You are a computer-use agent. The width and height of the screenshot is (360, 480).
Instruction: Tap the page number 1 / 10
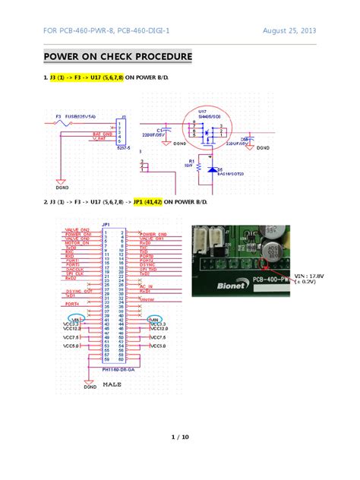tap(179, 437)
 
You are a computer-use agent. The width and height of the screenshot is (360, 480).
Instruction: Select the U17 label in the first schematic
tap(201, 111)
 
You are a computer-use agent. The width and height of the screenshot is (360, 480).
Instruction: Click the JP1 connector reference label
tap(106, 225)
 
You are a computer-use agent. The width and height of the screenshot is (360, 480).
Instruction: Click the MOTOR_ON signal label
tap(77, 243)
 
